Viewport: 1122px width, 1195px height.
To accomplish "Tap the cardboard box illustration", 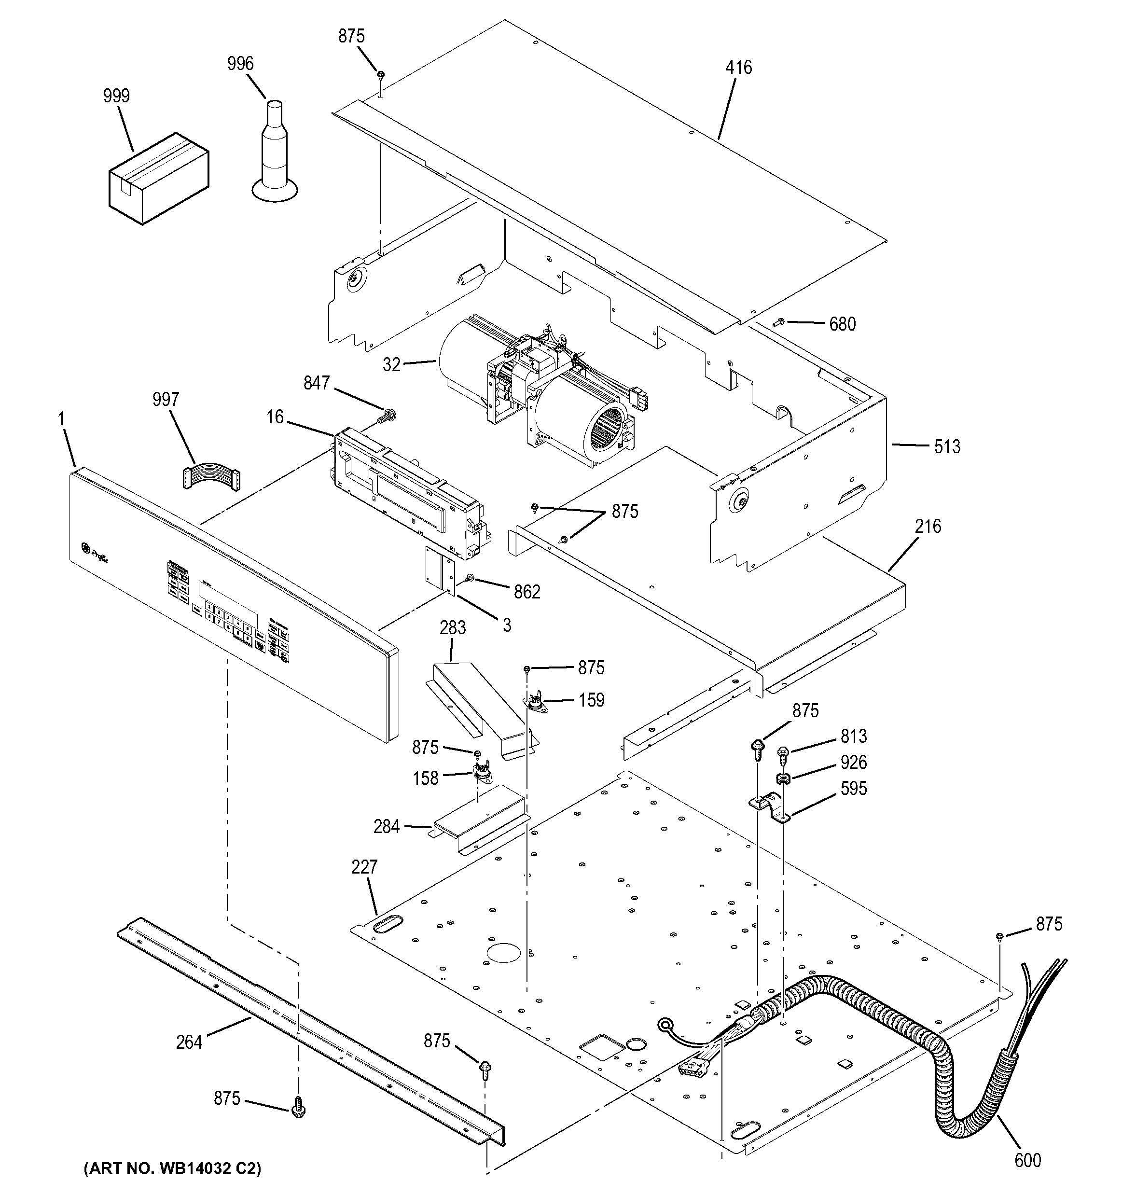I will [159, 179].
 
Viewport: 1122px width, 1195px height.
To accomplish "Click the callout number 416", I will [738, 67].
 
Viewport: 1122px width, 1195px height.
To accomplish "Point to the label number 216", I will [928, 527].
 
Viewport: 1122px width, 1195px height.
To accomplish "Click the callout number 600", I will [1027, 1159].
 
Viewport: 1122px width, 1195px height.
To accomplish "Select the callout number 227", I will [364, 867].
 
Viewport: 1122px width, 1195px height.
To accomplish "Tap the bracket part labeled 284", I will [481, 820].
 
